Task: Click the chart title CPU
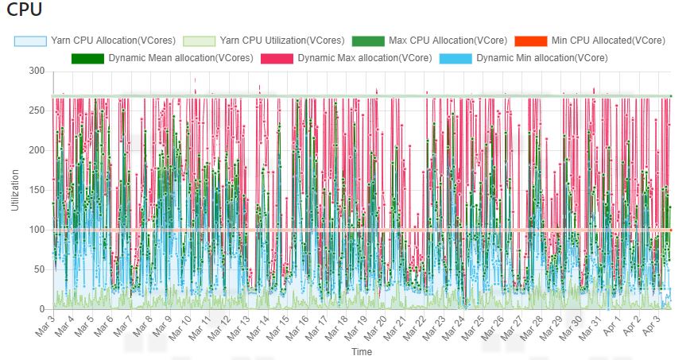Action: [24, 10]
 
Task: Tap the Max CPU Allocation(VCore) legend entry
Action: [448, 40]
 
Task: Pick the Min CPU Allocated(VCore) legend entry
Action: [608, 40]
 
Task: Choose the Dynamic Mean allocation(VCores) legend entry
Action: [180, 58]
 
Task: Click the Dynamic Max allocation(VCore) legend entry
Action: [365, 58]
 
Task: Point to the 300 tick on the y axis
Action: [36, 72]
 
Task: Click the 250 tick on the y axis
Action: [36, 111]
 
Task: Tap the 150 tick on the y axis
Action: [36, 191]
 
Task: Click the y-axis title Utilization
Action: [14, 191]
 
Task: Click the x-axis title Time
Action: [362, 351]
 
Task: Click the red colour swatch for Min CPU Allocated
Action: [530, 40]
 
